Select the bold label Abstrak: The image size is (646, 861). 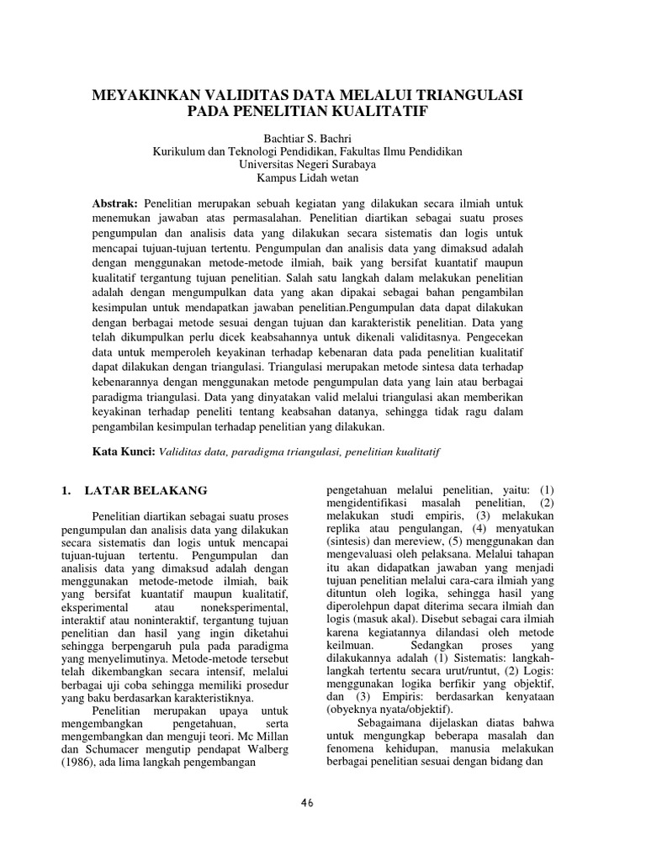pos(115,204)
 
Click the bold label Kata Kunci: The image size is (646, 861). pos(124,452)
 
